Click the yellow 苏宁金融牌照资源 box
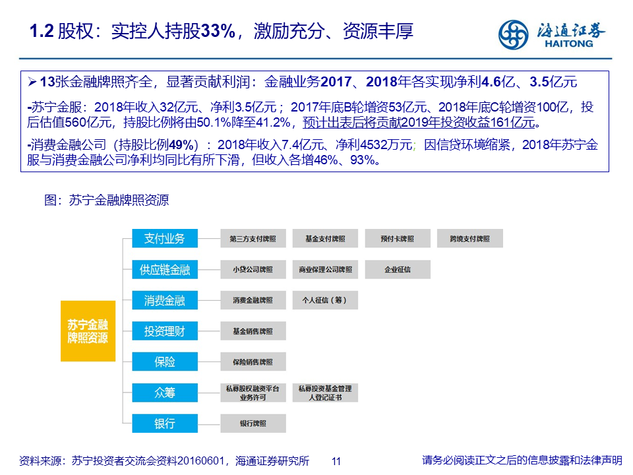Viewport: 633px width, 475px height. click(88, 331)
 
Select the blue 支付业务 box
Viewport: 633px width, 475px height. click(165, 238)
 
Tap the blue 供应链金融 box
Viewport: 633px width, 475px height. click(165, 269)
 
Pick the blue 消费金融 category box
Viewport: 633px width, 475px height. click(165, 300)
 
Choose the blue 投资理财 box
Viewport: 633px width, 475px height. click(165, 331)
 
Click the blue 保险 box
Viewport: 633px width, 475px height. click(165, 362)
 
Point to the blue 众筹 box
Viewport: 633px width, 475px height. click(165, 393)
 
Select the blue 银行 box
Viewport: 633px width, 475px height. click(165, 424)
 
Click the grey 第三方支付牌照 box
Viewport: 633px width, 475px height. click(253, 238)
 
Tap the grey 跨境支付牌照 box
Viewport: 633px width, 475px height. click(470, 238)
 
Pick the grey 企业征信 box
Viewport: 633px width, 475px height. click(398, 269)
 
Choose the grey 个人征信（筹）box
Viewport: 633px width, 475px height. click(325, 300)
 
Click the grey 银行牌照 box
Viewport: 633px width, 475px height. click(253, 424)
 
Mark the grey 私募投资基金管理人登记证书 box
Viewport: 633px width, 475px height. click(325, 393)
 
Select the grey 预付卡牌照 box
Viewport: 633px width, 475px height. click(398, 238)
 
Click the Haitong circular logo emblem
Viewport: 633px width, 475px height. click(513, 35)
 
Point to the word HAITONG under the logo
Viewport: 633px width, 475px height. click(569, 44)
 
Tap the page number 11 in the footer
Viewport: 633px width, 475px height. click(336, 461)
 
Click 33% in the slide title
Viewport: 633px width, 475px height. click(218, 31)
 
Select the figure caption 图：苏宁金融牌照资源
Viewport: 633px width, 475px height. click(107, 200)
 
